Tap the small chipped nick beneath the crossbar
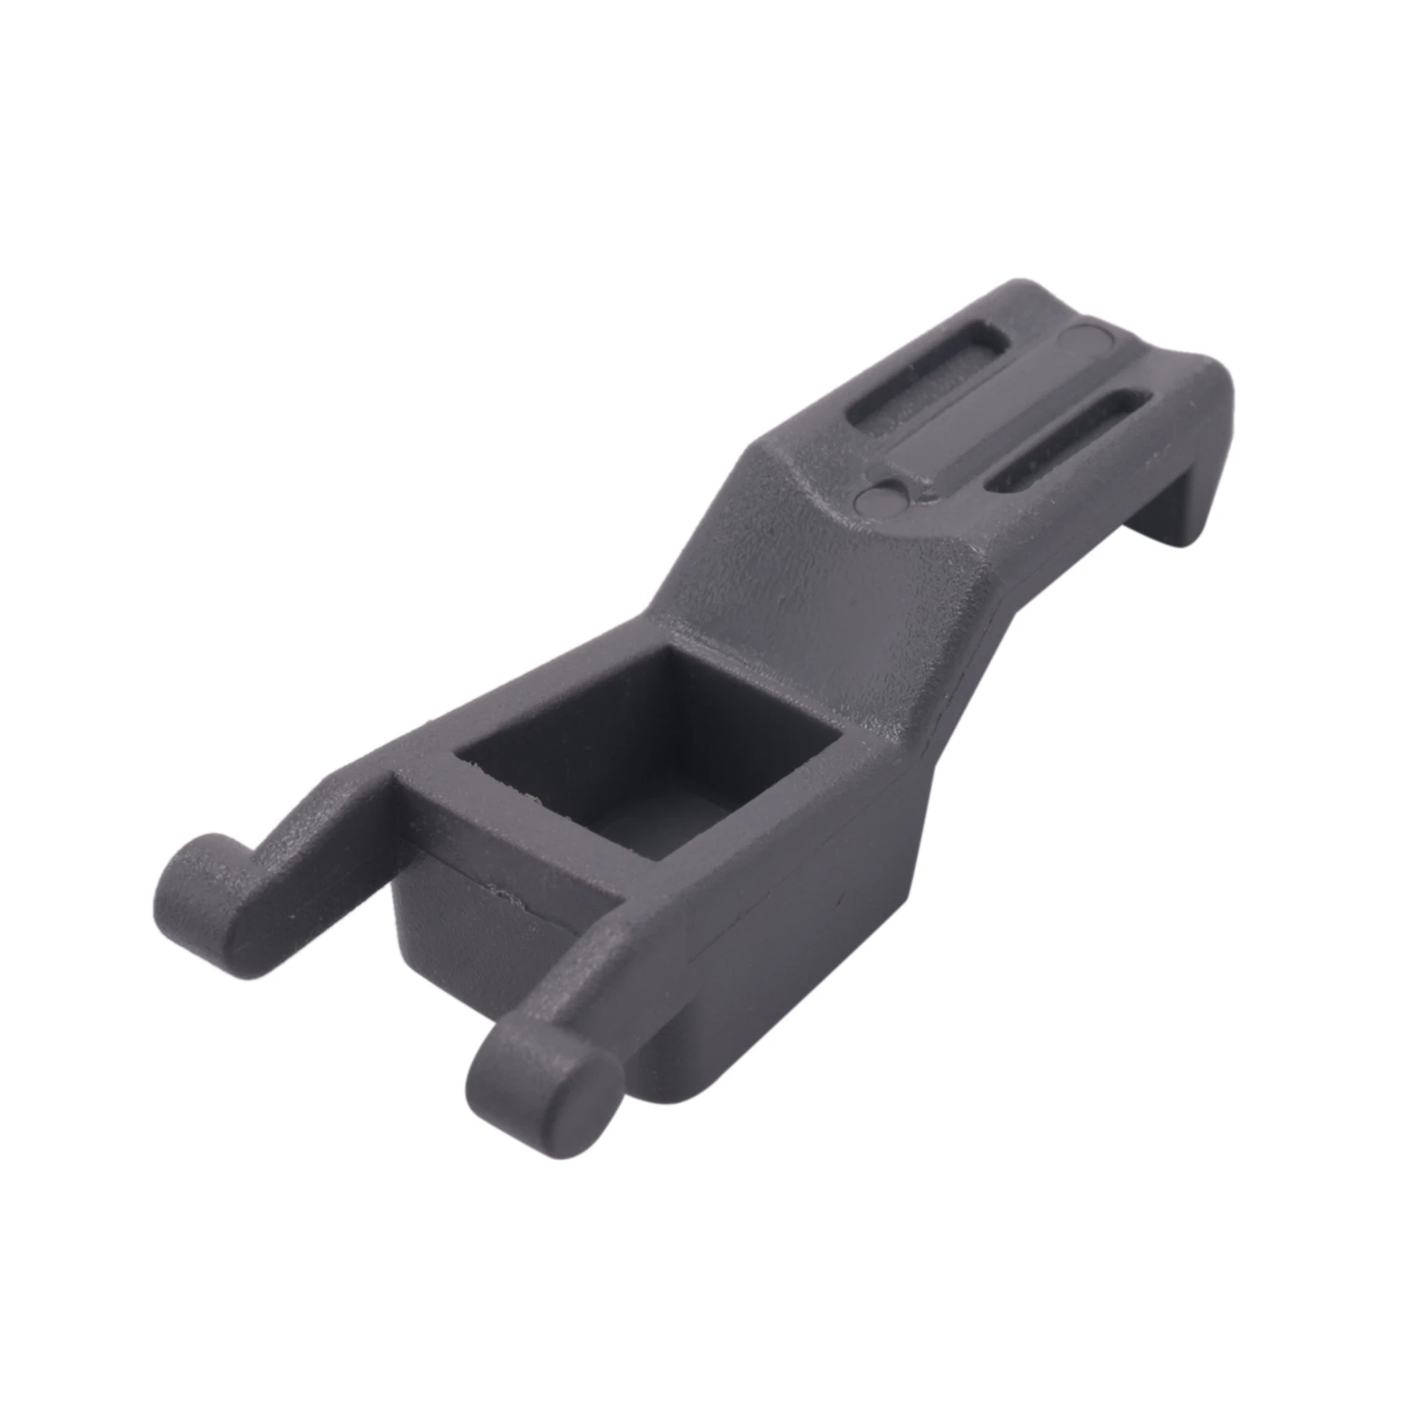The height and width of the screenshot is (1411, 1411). (502, 895)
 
